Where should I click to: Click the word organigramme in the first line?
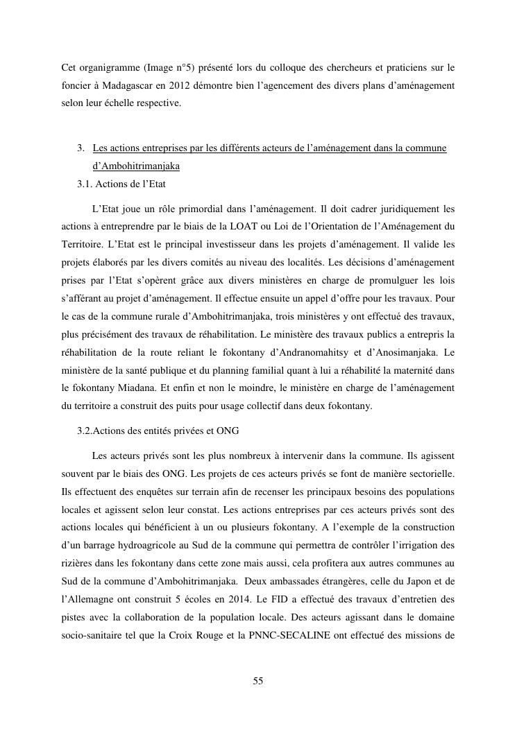click(105, 68)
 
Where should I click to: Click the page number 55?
click(258, 681)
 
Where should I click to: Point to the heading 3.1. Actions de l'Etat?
click(121, 184)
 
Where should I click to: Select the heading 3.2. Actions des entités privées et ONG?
click(158, 431)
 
